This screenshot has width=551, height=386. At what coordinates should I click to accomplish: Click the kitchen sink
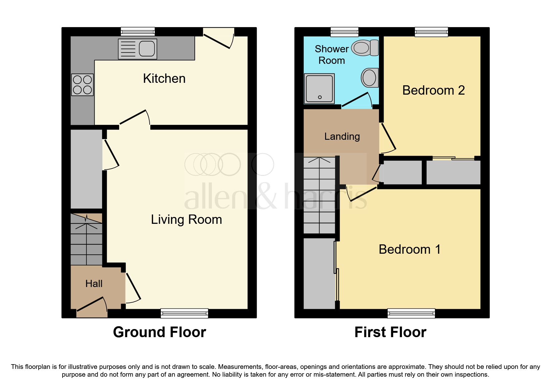[138, 49]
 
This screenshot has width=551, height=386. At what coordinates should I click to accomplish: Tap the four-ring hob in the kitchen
[82, 85]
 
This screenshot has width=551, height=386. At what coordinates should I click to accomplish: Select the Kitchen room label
[164, 78]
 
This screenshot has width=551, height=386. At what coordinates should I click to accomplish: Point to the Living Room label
[186, 219]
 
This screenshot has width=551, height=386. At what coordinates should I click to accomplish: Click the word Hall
[94, 284]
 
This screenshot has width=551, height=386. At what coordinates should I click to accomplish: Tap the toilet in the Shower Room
[365, 48]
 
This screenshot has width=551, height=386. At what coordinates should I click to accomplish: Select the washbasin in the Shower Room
[370, 78]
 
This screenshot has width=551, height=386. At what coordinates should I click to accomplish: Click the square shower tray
[319, 89]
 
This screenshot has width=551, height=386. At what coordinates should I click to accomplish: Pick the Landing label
[342, 136]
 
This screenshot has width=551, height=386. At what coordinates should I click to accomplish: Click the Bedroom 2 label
[433, 90]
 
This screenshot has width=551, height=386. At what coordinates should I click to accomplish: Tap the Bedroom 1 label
[409, 249]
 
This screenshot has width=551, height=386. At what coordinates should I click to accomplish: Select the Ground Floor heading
[159, 332]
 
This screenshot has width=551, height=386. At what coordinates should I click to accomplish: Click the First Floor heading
[390, 332]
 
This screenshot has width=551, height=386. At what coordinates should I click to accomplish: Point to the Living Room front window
[184, 313]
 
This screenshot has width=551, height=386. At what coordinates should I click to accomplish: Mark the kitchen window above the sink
[138, 31]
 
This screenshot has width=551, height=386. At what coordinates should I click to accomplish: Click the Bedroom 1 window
[411, 313]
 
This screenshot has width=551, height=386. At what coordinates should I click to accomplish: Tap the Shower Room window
[344, 31]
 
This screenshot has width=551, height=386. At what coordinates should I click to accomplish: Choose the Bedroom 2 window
[431, 31]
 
